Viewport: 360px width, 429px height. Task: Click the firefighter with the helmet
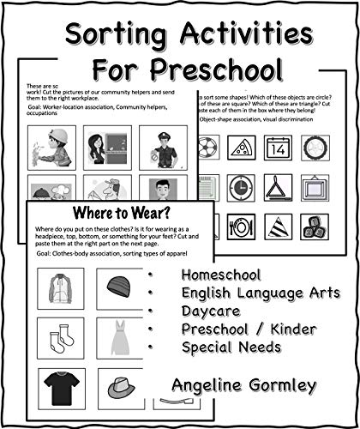tap(51, 147)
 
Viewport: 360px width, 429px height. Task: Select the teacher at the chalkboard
tap(108, 147)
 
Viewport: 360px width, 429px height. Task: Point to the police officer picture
tap(163, 147)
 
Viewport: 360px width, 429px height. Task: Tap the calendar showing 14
tap(278, 148)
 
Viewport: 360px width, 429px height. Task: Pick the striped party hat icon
tap(278, 226)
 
